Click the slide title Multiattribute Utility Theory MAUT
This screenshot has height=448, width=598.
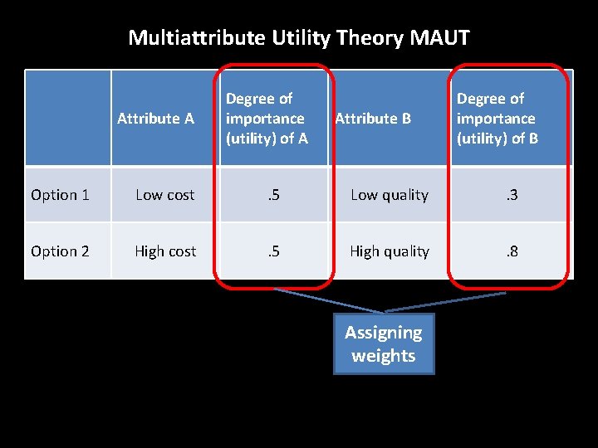(299, 37)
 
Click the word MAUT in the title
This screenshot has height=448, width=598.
(444, 37)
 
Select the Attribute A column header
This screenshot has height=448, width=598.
(155, 119)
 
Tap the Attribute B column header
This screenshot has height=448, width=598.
(372, 119)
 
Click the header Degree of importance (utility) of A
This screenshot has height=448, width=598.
(267, 119)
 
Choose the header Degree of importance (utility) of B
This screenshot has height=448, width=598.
(497, 119)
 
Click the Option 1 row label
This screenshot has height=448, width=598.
(60, 195)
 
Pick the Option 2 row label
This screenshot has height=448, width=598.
(60, 251)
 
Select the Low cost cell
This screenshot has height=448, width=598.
(164, 195)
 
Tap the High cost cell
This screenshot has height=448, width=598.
(165, 251)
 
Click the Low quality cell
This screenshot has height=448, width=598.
(390, 195)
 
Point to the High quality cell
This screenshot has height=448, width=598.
(390, 251)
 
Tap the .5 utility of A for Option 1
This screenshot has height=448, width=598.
(273, 195)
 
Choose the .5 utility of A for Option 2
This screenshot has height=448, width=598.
(273, 251)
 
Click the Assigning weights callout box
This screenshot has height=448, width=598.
(384, 344)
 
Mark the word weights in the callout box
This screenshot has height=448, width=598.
(384, 356)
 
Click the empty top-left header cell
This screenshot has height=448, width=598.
(68, 118)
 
